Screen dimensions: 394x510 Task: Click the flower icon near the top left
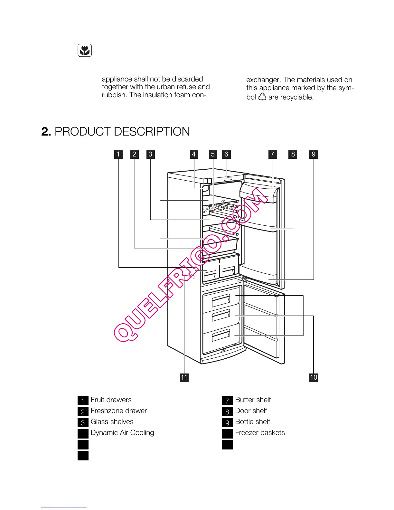[x=85, y=51]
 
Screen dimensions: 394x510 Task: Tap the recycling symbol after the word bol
[x=262, y=97]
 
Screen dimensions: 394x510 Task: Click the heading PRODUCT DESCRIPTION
[x=122, y=132]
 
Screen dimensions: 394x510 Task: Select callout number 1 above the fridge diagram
[x=118, y=154]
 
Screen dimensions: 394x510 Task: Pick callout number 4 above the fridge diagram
[x=193, y=154]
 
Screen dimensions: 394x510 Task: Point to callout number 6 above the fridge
[x=226, y=154]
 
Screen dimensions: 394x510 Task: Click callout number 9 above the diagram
[x=314, y=154]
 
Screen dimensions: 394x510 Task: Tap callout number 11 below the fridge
[x=184, y=377]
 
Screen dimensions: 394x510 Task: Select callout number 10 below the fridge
[x=314, y=377]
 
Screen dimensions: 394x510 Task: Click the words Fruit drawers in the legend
[x=111, y=400]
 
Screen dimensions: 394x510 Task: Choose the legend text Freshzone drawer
[x=118, y=411]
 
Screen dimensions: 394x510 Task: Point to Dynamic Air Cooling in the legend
[x=122, y=433]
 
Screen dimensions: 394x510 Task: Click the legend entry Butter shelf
[x=253, y=400]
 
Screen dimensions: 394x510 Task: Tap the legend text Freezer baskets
[x=260, y=433]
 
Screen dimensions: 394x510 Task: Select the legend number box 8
[x=227, y=412]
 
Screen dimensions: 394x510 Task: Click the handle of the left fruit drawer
[x=210, y=275]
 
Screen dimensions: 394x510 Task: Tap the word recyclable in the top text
[x=296, y=97]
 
